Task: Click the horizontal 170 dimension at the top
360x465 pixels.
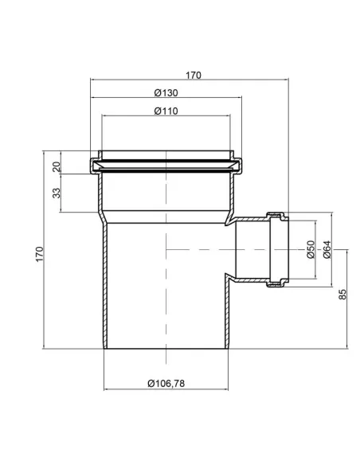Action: [193, 76]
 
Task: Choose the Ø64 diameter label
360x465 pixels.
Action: [326, 250]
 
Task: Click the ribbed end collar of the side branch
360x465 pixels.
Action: [278, 248]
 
